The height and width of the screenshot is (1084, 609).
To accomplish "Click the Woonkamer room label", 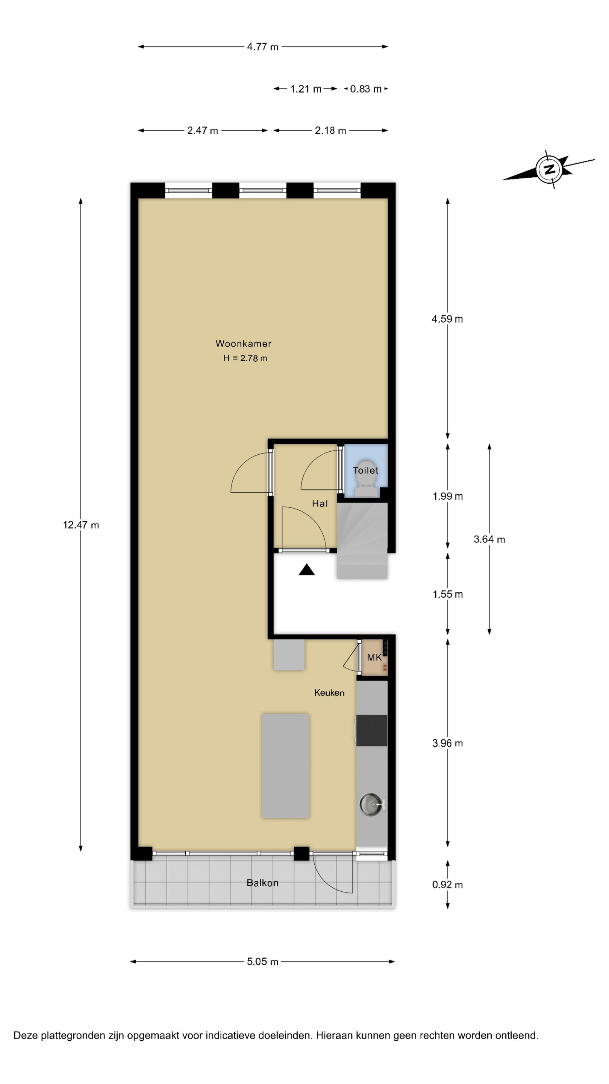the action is pos(243,343).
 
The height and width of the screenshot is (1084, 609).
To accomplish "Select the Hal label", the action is pos(320,503).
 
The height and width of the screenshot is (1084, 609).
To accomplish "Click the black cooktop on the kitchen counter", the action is pos(371,730).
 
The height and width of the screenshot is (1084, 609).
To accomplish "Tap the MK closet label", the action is pos(374,657).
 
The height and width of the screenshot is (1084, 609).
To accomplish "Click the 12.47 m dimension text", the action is pos(81,525).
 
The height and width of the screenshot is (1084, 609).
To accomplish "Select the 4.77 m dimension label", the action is pos(263,47).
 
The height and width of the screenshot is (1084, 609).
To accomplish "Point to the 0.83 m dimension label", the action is pos(366,89).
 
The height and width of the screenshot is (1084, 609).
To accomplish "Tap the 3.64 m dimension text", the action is pos(489,539).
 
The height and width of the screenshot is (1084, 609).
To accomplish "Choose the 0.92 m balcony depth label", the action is pos(448,885).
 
